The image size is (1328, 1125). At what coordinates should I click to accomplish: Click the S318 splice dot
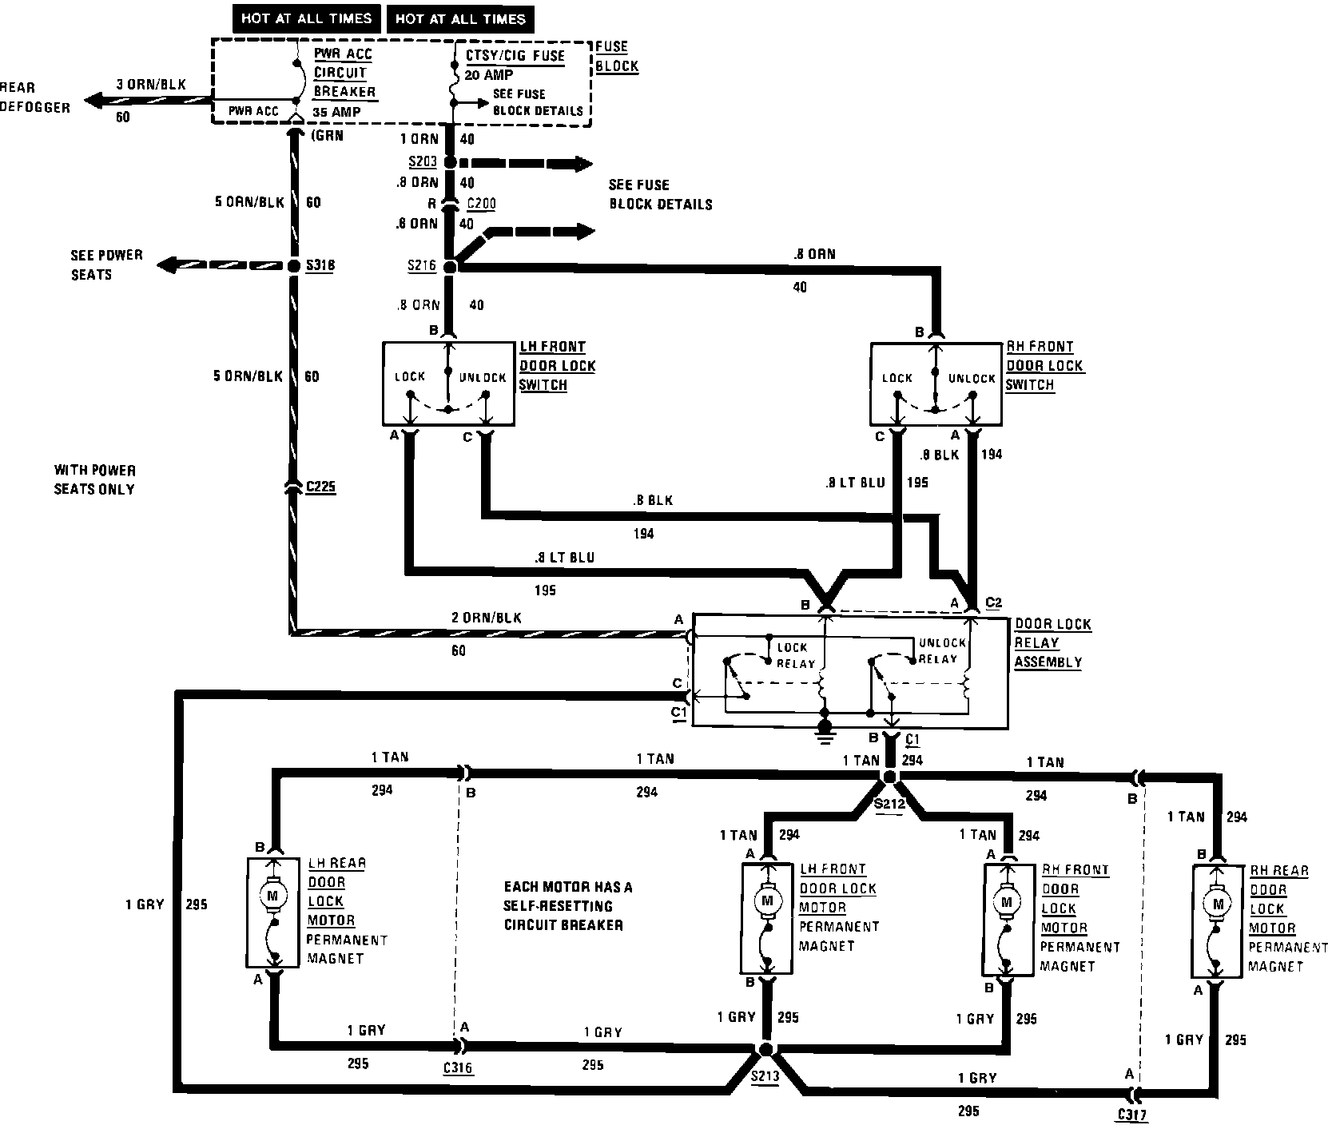tap(293, 265)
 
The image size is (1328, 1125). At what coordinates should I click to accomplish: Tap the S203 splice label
tap(422, 162)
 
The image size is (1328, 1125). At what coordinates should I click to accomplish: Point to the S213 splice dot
tap(765, 1050)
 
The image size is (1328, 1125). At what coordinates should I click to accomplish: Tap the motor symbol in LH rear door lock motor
tap(272, 896)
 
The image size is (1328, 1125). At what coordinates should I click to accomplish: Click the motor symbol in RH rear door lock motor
tap(1217, 904)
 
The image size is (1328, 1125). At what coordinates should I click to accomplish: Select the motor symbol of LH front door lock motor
tap(768, 901)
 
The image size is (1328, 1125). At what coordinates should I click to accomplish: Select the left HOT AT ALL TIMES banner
tap(306, 19)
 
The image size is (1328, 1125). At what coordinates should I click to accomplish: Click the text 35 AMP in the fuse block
tap(336, 112)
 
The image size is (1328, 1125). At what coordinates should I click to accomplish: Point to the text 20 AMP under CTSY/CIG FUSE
tap(490, 74)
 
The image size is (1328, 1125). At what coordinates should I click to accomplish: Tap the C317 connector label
tap(1131, 1115)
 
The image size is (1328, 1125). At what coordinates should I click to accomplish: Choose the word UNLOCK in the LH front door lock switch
tap(483, 377)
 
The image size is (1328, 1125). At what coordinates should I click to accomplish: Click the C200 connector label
tap(481, 204)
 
